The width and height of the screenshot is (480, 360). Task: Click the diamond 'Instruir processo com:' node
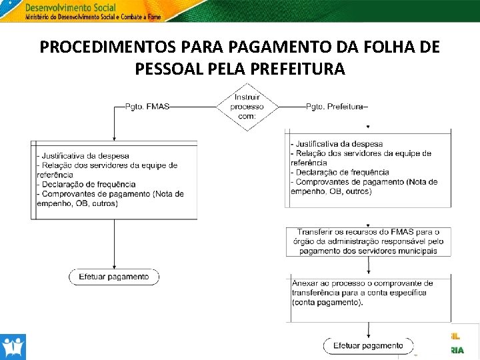[247, 107]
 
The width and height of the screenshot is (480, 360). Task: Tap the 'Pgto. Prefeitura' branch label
[335, 107]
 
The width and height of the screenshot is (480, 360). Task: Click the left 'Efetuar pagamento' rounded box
[114, 277]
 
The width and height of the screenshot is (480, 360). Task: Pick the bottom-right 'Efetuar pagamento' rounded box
[368, 345]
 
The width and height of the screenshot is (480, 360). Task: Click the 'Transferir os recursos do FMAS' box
[368, 241]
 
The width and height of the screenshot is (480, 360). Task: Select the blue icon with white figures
[13, 347]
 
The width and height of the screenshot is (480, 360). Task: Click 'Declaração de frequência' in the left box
[88, 185]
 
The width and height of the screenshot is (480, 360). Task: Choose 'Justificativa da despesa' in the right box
[338, 144]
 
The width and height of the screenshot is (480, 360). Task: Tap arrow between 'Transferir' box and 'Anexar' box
[368, 267]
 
